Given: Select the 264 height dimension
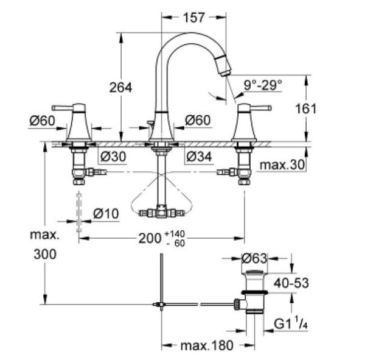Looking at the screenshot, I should coord(120,88).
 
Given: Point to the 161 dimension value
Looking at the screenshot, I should coord(322,108).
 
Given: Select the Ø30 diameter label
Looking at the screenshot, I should coord(113,157).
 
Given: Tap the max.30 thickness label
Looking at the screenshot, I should coord(282,165).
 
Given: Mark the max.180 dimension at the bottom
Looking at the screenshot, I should coord(207,345).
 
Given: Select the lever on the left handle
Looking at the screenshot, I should coord(71,107).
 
